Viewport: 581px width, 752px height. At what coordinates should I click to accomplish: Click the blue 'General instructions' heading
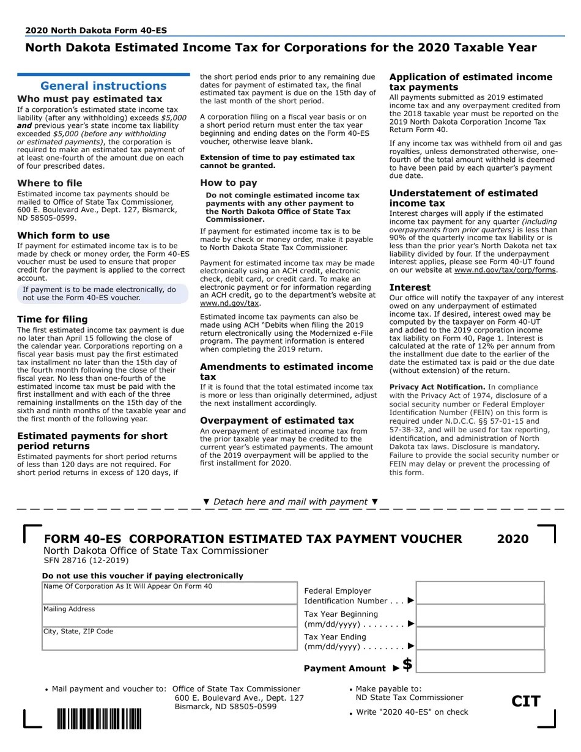(103, 86)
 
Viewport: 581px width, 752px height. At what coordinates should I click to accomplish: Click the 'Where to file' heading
(50, 183)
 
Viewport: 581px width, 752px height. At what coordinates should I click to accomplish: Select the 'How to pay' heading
(229, 183)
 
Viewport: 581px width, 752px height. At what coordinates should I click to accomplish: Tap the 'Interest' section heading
(410, 287)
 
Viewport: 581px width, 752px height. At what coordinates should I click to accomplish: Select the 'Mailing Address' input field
(169, 616)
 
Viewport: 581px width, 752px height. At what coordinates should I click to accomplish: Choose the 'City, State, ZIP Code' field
(169, 638)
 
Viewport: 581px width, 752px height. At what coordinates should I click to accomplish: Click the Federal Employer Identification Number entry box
(480, 593)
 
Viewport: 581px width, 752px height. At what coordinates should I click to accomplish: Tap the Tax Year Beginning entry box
(480, 616)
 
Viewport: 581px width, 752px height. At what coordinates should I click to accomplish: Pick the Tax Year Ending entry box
(480, 638)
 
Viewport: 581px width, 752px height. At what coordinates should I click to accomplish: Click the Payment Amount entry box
(480, 662)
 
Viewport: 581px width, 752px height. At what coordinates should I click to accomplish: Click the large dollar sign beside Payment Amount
(407, 664)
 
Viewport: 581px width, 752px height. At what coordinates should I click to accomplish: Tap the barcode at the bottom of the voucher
(99, 718)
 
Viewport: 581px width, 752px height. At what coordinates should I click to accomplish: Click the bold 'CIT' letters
(526, 701)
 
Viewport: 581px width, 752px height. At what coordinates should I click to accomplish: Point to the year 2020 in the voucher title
(513, 539)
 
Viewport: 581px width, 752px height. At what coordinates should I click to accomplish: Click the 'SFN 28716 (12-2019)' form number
(86, 560)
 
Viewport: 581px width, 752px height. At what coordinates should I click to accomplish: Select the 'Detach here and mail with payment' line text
(290, 501)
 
